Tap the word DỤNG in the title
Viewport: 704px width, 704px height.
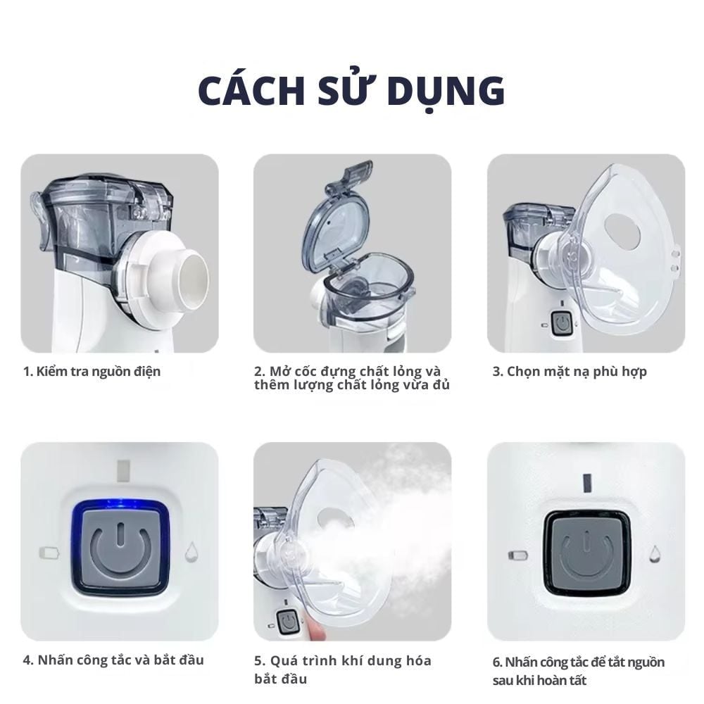click(450, 92)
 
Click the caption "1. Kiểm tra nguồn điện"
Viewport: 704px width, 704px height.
click(92, 371)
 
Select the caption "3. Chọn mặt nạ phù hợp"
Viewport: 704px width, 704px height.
click(569, 371)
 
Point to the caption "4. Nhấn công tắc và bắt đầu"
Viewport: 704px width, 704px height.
click(113, 660)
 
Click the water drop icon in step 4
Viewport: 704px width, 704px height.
click(191, 553)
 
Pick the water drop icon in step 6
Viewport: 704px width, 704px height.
click(655, 554)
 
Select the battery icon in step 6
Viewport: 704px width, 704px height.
click(517, 555)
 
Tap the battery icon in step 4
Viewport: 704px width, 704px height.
click(50, 553)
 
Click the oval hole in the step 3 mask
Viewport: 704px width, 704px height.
click(622, 231)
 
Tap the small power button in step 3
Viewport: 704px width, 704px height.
click(562, 323)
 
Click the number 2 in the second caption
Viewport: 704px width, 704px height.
click(258, 371)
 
